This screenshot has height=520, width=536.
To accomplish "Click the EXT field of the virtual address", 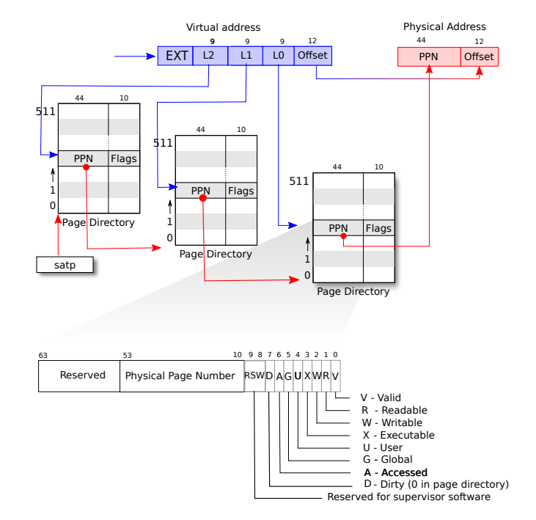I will tap(175, 56).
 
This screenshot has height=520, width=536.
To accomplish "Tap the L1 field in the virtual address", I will tap(246, 56).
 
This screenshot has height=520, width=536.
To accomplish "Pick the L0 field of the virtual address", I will tap(278, 56).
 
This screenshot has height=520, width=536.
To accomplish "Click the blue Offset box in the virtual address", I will tap(312, 56).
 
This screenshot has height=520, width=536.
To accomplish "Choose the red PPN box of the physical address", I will tap(429, 57).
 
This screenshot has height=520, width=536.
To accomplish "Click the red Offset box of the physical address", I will tap(479, 57).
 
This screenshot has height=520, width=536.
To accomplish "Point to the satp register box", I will tap(65, 264).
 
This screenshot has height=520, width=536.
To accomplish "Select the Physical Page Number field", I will tap(181, 376).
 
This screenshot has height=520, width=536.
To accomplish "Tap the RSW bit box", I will tap(254, 376).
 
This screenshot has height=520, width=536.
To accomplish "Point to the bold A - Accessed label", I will tap(395, 472).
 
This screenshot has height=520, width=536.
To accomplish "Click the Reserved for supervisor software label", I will tap(408, 497).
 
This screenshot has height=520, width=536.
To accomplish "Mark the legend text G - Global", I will tap(388, 460).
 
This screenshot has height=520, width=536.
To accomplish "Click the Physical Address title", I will tap(444, 27).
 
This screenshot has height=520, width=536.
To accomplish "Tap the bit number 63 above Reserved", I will tap(43, 355).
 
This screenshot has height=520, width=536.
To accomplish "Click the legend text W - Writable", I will tap(392, 422).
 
